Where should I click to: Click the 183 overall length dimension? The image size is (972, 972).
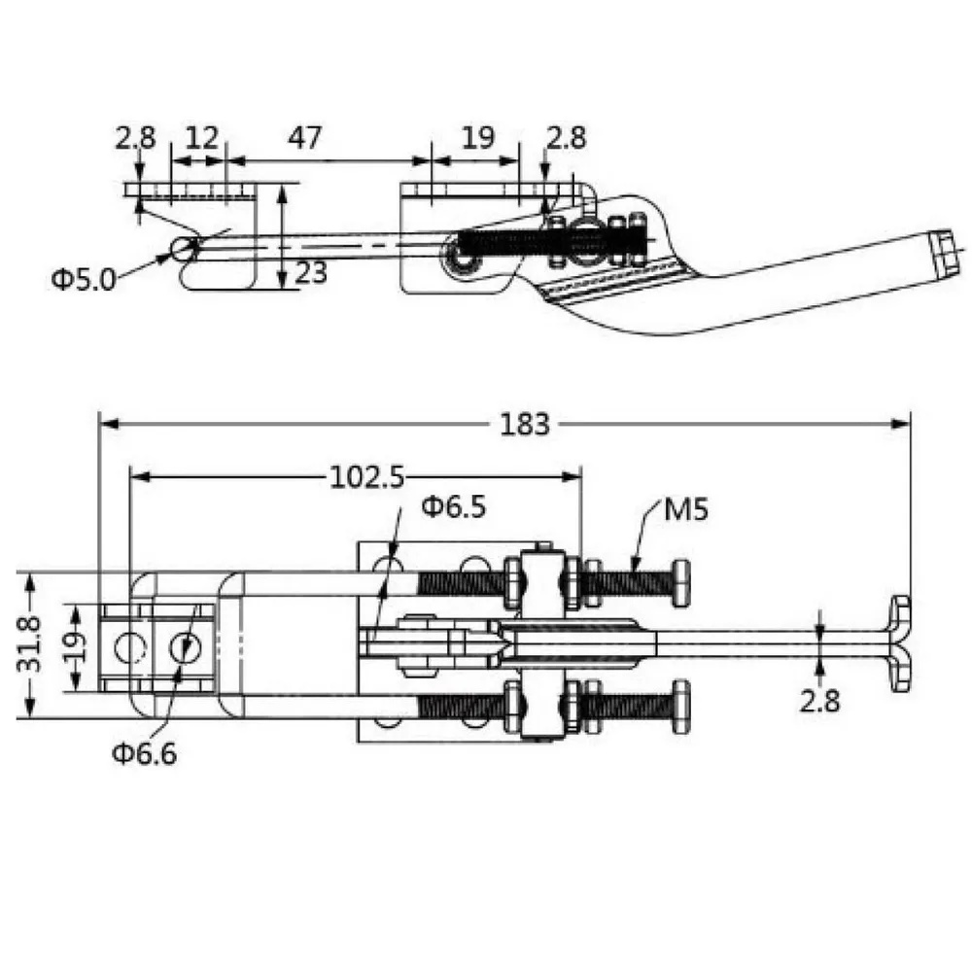[525, 425]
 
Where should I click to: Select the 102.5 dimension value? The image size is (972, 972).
[367, 477]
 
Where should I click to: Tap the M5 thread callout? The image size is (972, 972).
[685, 509]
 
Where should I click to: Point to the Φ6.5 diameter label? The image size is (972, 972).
[454, 506]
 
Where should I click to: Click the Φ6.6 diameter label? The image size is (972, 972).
[145, 753]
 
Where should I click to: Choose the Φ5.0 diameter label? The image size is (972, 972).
[83, 280]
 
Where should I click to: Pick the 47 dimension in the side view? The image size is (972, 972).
[305, 137]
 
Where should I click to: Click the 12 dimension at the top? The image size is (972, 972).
[202, 137]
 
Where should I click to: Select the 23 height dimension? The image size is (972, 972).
[311, 272]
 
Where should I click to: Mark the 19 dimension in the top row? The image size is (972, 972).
[478, 137]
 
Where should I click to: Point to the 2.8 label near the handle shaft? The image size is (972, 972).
[819, 701]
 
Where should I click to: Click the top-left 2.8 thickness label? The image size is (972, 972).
[135, 137]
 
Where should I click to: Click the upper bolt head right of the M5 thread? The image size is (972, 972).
[681, 582]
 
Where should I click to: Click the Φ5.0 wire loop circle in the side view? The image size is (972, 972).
[184, 249]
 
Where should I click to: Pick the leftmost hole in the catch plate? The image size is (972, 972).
[129, 647]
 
